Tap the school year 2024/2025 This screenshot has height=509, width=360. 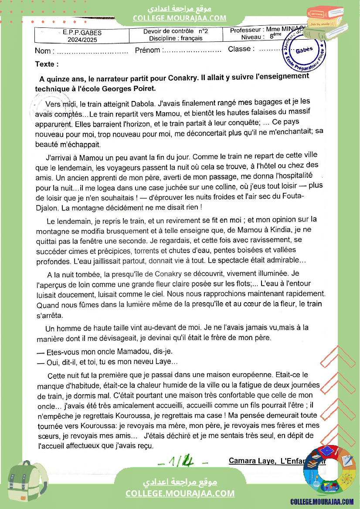point(82,40)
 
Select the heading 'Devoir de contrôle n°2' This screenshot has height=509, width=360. point(176,31)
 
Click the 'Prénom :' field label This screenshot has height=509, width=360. point(148,50)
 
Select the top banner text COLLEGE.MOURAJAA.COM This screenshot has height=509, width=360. point(180,18)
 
